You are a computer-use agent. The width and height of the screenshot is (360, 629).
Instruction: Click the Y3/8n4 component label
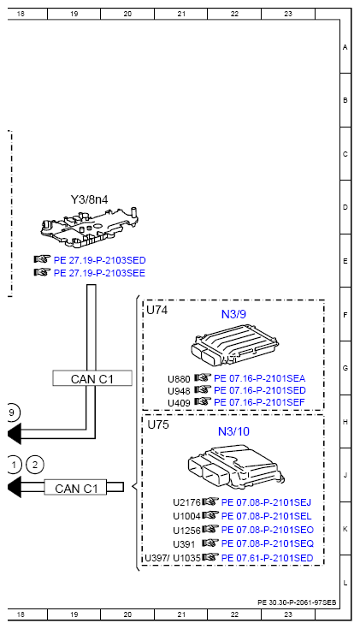click(x=90, y=199)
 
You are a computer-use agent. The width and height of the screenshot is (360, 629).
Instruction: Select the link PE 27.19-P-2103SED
click(x=99, y=260)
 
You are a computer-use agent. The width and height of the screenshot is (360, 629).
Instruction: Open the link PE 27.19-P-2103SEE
click(x=99, y=273)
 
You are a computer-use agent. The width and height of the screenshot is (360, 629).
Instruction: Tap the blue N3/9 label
click(x=233, y=315)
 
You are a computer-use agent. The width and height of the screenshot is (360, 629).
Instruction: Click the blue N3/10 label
click(x=233, y=431)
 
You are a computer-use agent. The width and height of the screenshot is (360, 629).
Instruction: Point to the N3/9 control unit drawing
click(x=234, y=345)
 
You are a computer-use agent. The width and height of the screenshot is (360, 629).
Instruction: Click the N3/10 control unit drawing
click(x=236, y=466)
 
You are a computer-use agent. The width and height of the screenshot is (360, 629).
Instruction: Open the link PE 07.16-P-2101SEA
click(x=259, y=378)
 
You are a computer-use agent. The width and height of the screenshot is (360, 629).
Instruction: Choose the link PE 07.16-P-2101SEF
click(x=259, y=402)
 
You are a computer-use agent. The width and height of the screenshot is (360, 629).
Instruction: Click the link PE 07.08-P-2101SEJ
click(x=266, y=502)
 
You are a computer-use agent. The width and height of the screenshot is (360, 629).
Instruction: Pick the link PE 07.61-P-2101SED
click(x=267, y=558)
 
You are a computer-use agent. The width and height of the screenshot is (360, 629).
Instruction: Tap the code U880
click(x=179, y=379)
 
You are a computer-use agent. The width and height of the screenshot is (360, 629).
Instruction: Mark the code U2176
click(x=186, y=502)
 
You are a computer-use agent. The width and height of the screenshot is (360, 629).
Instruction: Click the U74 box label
click(x=156, y=310)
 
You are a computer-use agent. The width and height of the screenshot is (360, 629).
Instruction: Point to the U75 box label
click(x=158, y=424)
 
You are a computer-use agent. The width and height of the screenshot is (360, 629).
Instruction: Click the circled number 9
click(x=12, y=413)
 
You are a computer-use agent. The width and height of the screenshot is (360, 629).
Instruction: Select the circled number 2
click(x=35, y=465)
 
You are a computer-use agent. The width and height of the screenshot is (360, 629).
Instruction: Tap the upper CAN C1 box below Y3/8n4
click(x=92, y=378)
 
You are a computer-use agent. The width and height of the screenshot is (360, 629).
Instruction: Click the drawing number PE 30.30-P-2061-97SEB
click(x=297, y=602)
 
